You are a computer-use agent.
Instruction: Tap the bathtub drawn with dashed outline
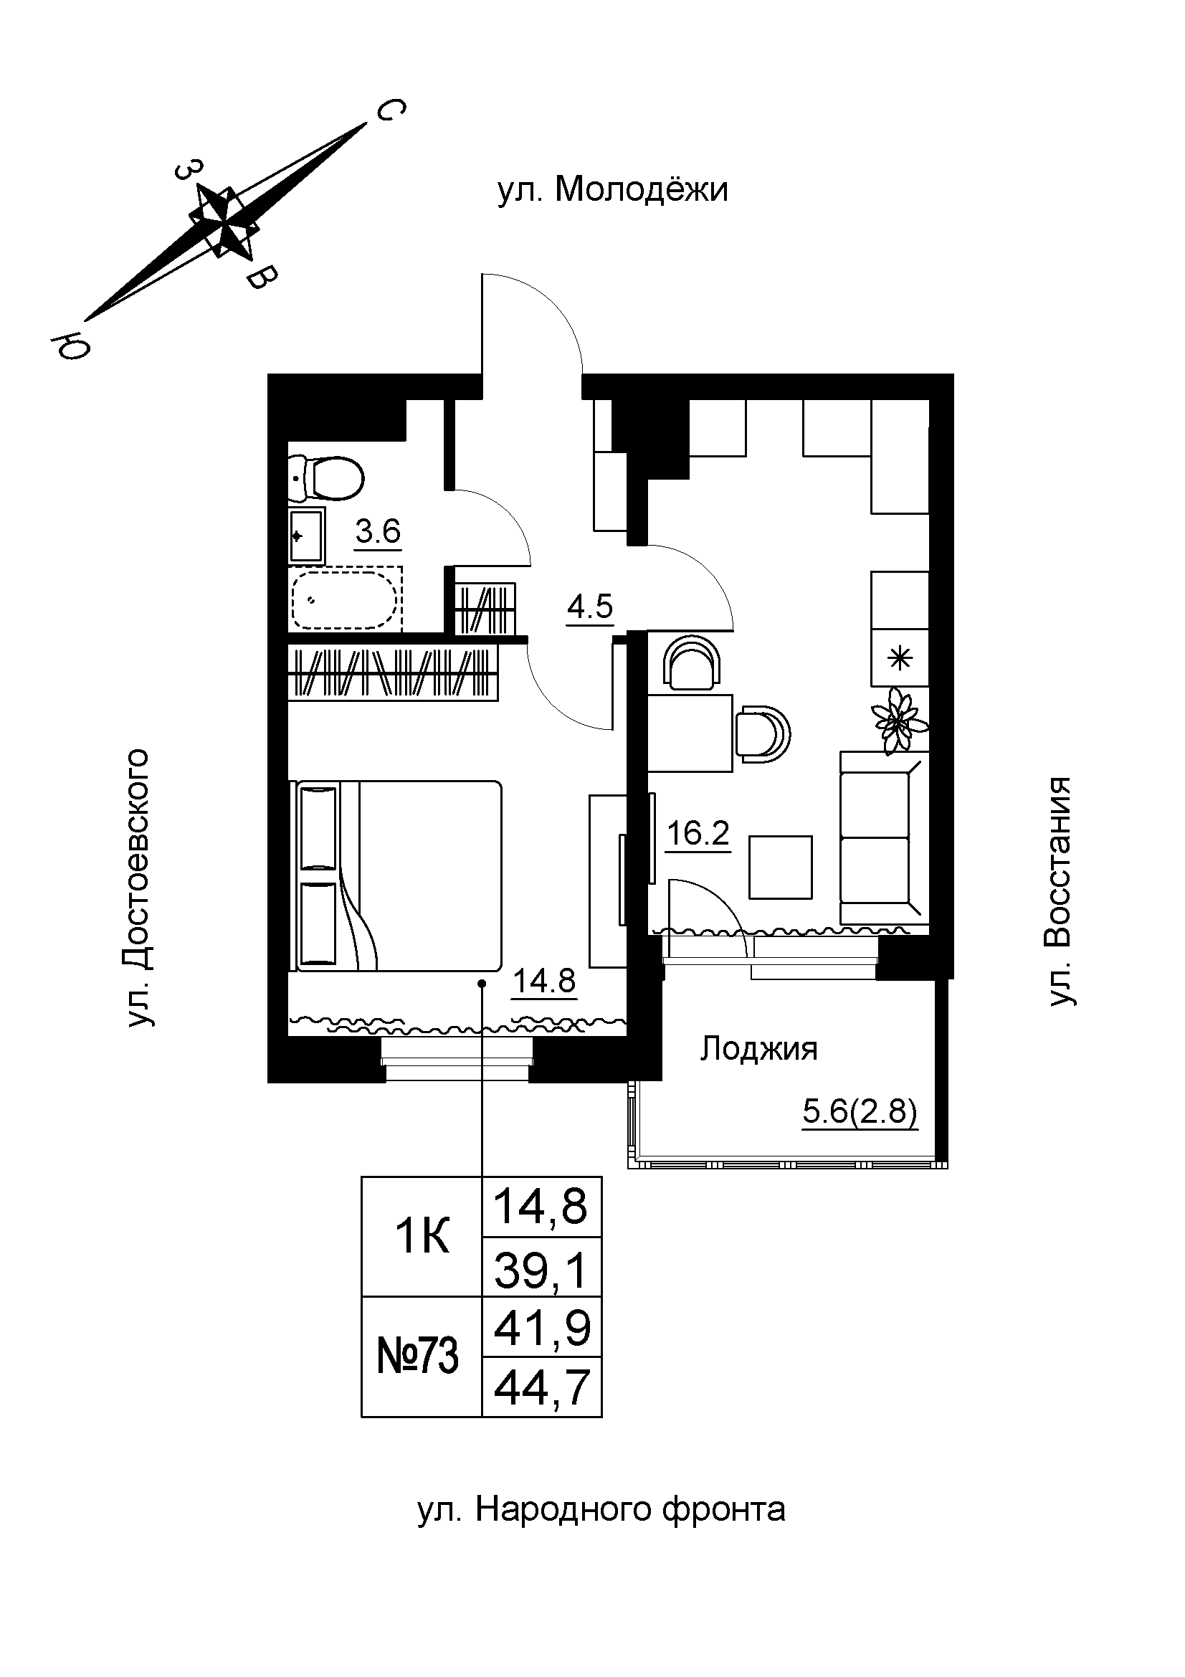(x=346, y=599)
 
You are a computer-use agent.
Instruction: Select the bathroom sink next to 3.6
(x=306, y=536)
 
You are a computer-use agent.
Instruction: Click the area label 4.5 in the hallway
(x=590, y=607)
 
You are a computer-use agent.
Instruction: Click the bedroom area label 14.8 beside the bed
(x=545, y=980)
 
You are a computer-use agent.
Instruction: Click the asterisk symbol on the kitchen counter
(x=900, y=659)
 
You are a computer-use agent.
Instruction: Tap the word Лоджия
(x=758, y=1049)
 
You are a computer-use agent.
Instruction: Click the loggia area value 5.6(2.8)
(x=859, y=1113)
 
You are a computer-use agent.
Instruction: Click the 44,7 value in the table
(x=542, y=1388)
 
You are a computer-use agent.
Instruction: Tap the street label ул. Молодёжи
(x=613, y=190)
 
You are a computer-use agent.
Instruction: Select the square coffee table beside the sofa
(x=781, y=867)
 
